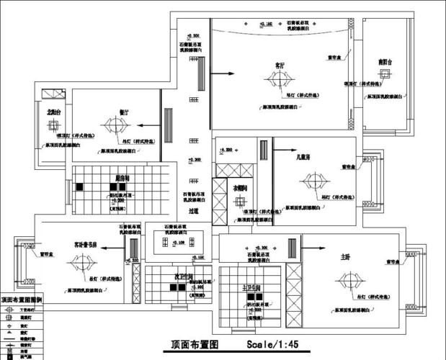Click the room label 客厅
(x=280, y=65)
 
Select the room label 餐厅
(x=123, y=113)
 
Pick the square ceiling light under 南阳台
(x=385, y=80)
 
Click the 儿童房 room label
(x=301, y=156)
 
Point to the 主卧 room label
(x=344, y=256)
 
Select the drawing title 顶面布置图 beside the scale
(x=197, y=345)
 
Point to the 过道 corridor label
(x=194, y=211)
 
